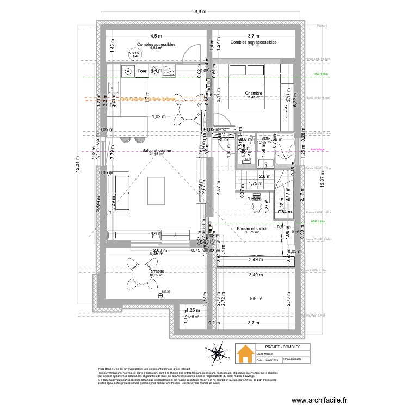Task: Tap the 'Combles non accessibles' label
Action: coord(254,42)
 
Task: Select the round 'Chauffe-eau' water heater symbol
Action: coord(134,53)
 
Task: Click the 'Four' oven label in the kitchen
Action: coord(142,71)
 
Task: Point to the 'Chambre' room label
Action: coord(254,93)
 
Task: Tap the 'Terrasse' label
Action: coord(156,270)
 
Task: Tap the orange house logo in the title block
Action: coord(245,352)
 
